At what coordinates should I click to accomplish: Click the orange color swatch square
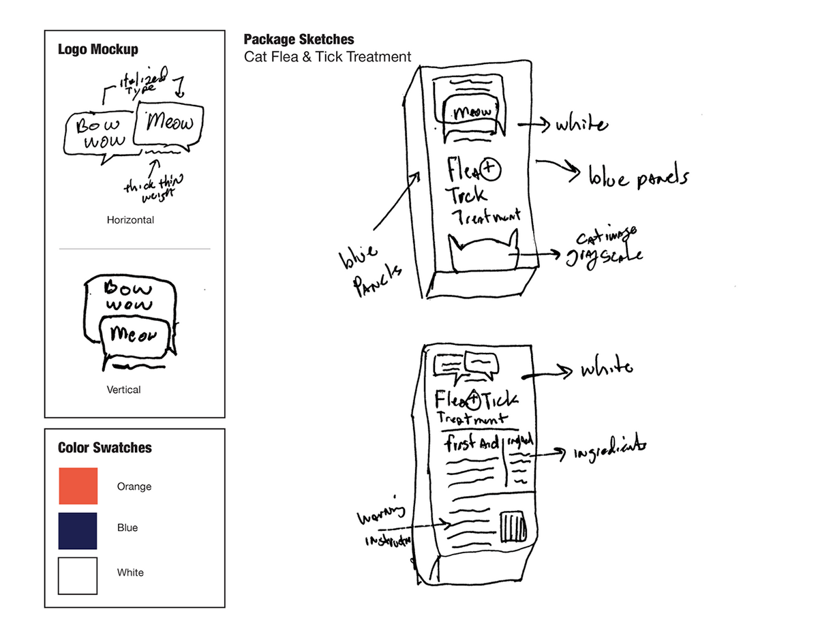78,486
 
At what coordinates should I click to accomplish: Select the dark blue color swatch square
78,531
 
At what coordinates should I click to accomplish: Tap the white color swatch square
78,576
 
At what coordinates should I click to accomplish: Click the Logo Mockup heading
98,49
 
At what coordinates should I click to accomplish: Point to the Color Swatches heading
105,448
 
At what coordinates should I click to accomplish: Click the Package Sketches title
299,40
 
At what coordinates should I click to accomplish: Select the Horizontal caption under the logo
130,220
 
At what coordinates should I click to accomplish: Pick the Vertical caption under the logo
123,390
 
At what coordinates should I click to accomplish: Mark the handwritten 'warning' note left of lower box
380,514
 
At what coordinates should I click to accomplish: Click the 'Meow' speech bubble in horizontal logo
170,123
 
